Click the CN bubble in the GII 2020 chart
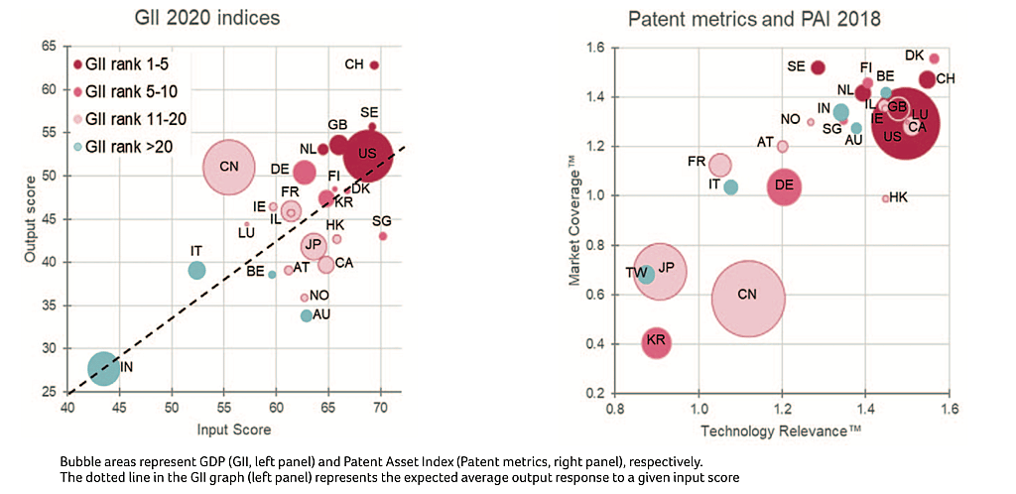coord(229,166)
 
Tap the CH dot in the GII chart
coord(374,65)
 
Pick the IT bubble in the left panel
coord(196,270)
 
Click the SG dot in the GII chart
coord(383,236)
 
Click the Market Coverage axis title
coord(573,220)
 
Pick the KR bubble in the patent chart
coord(656,343)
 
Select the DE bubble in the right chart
coord(784,185)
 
